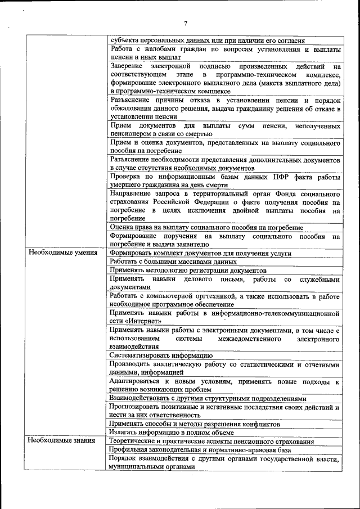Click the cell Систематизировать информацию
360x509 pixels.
[x=161, y=355]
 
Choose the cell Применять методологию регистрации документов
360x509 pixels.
[x=184, y=270]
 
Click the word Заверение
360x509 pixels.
[x=128, y=66]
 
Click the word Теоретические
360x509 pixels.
[x=135, y=442]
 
